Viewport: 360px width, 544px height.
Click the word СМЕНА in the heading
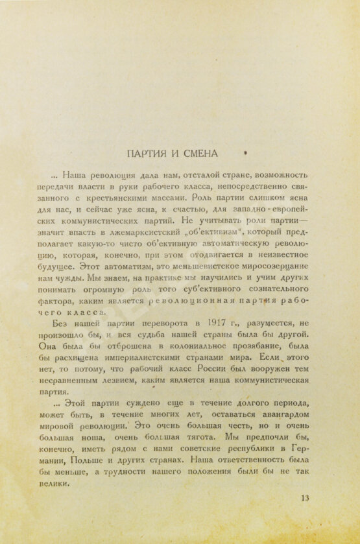200,154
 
